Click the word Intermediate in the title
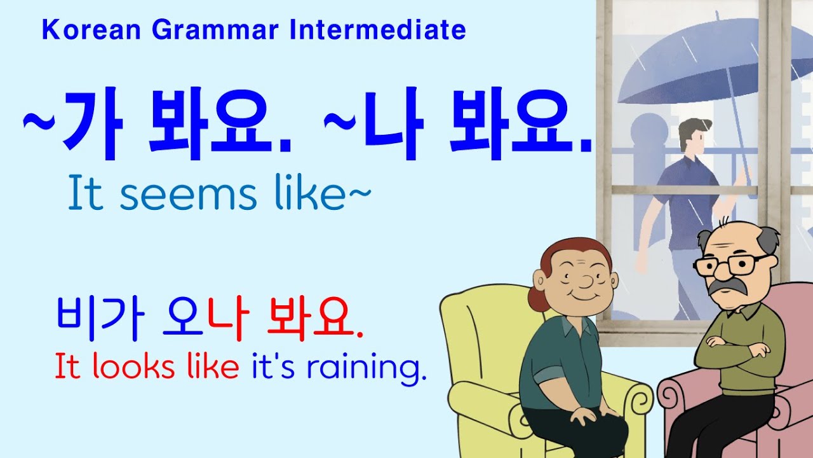(377, 30)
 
